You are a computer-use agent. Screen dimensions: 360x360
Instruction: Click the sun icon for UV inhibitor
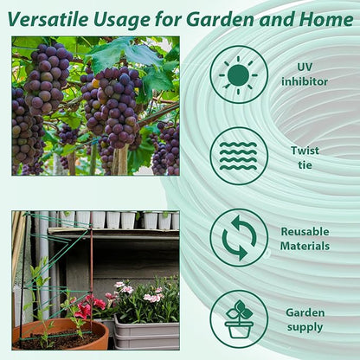[x=239, y=74]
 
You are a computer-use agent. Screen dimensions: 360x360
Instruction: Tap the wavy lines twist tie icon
[x=239, y=156]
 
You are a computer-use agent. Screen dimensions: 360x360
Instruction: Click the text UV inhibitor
[x=305, y=74]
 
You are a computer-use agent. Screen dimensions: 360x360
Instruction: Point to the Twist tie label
[x=305, y=157]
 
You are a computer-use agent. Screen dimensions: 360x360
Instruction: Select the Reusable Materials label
[x=305, y=239]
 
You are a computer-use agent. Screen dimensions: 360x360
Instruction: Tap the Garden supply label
[x=305, y=320]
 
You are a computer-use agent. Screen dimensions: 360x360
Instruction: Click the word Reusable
[x=305, y=232]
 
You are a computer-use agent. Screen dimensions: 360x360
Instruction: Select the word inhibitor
[x=305, y=81]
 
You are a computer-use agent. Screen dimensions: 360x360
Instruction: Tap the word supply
[x=305, y=328]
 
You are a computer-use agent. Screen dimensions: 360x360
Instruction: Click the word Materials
[x=305, y=247]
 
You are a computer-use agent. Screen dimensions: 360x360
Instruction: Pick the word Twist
[x=305, y=150]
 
